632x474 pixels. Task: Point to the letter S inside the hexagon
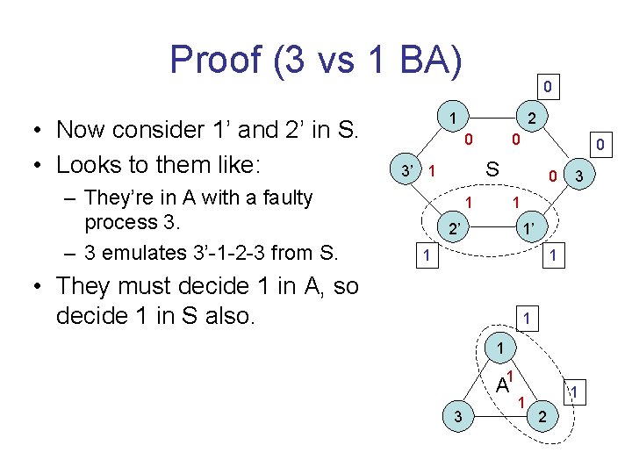pyautogui.click(x=493, y=169)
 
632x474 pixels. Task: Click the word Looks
pyautogui.click(x=89, y=165)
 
